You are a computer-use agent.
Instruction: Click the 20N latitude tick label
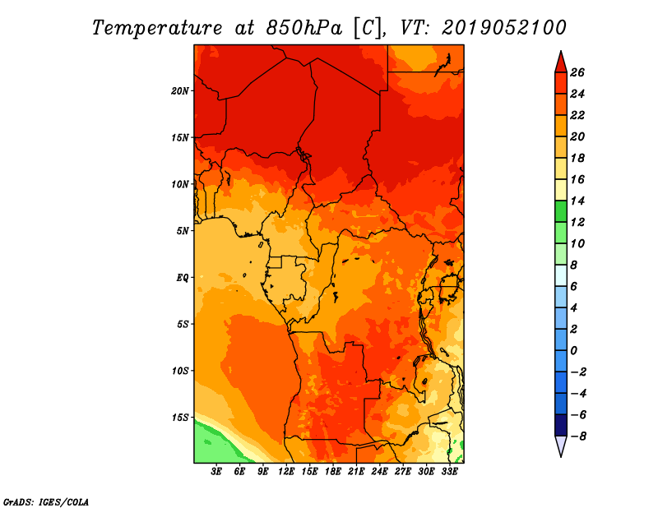[180, 90]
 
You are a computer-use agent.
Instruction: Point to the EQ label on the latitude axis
[183, 278]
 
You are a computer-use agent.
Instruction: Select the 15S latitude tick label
[180, 418]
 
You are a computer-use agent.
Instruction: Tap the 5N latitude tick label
[183, 231]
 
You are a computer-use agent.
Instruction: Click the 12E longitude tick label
[286, 472]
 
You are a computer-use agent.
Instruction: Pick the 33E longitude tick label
[449, 472]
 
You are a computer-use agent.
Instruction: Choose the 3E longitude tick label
[216, 472]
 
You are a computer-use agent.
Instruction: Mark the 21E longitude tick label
[356, 472]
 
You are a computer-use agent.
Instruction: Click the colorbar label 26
[577, 72]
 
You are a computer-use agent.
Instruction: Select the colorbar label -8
[578, 436]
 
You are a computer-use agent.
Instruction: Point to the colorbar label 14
[577, 201]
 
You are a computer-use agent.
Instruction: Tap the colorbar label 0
[573, 351]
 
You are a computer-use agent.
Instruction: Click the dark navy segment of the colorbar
[561, 425]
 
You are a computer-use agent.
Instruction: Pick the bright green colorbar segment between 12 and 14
[561, 211]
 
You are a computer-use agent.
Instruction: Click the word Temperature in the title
[157, 28]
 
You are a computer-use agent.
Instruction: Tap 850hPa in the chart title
[304, 28]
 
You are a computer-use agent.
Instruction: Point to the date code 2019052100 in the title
[504, 28]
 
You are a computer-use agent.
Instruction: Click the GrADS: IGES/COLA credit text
[46, 502]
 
